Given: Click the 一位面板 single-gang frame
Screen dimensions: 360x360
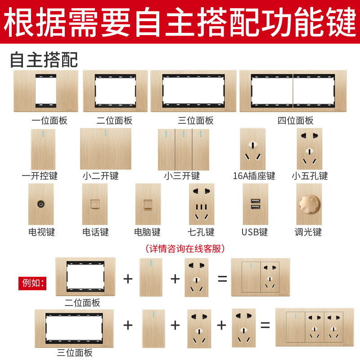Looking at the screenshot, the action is point(46,91).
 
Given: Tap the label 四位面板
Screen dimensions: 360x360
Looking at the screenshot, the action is point(295,121).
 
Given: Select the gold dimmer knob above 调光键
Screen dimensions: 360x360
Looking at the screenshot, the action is point(309,204).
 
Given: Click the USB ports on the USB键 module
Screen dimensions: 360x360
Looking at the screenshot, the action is point(256,204).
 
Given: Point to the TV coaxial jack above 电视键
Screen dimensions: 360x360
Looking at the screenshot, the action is point(41,204).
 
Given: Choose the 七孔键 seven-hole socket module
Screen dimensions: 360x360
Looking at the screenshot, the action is point(202,204).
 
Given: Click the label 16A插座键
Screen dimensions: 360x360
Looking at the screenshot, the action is point(254,176).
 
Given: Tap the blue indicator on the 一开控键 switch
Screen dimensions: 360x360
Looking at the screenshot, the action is point(43,134).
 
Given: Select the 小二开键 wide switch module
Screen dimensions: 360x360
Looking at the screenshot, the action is point(106,149).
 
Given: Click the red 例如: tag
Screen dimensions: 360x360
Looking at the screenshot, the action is point(32,283).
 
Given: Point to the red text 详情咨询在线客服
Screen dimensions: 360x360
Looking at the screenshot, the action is point(185,249).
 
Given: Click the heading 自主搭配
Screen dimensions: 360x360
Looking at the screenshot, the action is point(44,60).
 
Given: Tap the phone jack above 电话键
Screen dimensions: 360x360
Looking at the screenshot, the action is point(95,204).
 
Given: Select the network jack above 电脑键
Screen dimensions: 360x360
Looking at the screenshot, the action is point(148,204).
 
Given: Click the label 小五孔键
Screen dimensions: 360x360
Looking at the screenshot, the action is point(310,176).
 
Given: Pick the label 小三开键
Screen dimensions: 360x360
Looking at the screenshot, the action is point(182,176).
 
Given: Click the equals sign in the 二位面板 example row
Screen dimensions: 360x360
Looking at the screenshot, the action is point(222,279).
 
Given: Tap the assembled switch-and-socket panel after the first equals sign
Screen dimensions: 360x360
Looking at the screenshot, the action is point(261,277).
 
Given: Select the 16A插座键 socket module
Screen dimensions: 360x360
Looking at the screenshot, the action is point(253,149).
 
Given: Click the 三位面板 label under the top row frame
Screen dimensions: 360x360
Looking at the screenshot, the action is point(196,121).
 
